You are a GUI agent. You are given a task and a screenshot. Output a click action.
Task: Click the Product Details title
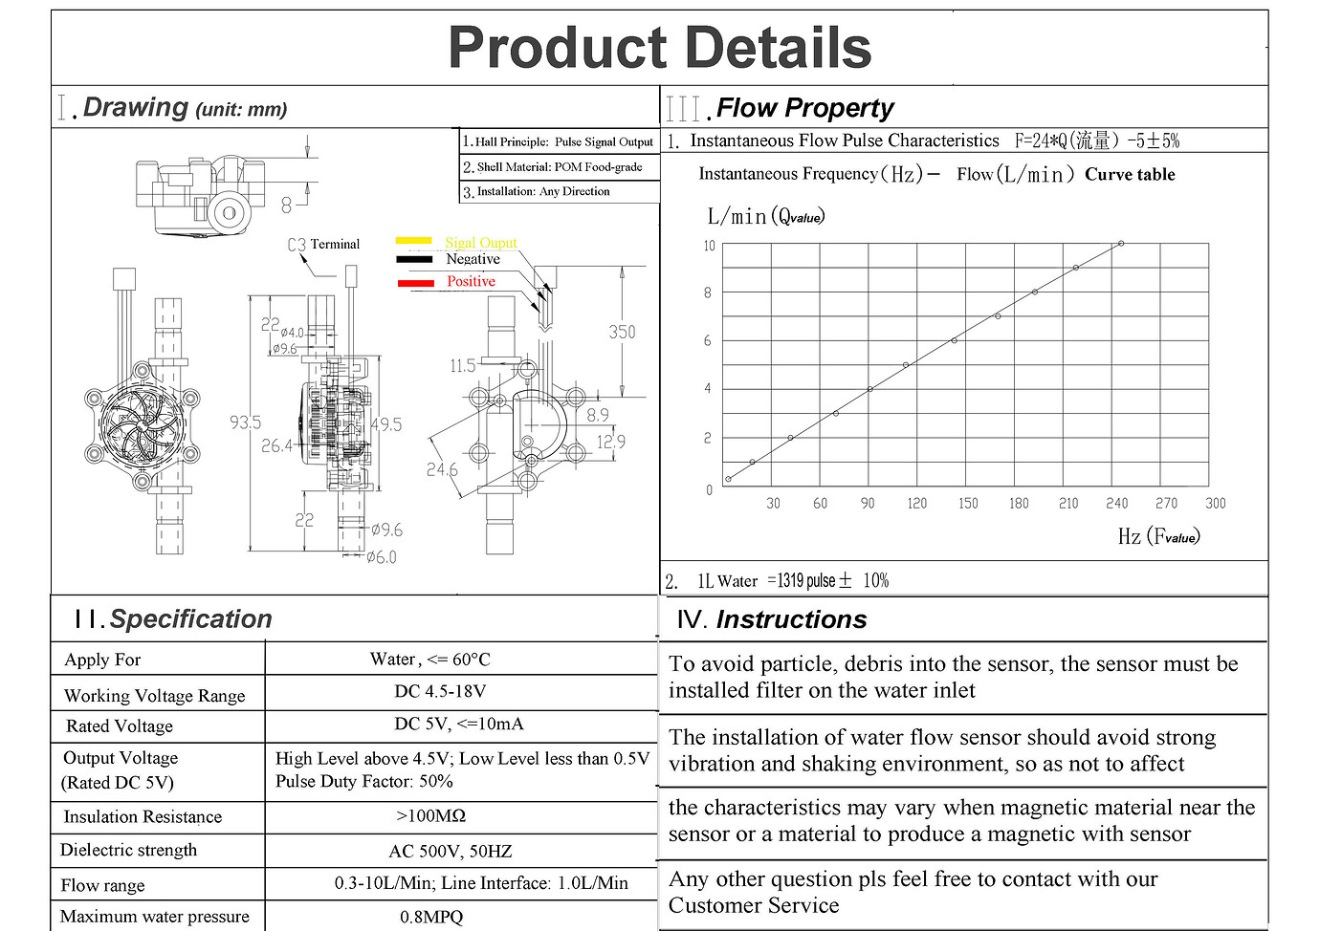pos(659,48)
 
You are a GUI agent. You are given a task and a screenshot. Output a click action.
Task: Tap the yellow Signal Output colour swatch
pos(413,241)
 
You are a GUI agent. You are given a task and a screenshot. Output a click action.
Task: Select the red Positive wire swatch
pos(415,283)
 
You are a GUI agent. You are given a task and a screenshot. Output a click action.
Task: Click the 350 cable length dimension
pos(622,332)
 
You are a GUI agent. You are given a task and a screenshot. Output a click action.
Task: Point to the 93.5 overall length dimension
pos(245,422)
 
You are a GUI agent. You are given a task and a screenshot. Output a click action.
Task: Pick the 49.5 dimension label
pos(385,424)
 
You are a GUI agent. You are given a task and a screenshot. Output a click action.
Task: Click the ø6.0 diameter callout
pos(381,556)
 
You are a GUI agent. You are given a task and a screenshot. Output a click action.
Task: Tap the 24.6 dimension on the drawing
pos(442,469)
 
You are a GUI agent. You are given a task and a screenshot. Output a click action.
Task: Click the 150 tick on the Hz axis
pos(968,503)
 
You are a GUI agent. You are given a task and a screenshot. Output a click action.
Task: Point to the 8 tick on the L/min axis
pos(708,292)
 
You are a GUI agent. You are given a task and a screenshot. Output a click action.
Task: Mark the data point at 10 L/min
pos(1121,244)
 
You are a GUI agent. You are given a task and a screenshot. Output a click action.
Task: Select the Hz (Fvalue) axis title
pos(1158,536)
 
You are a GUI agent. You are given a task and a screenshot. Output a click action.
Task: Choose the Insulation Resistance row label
pos(143,816)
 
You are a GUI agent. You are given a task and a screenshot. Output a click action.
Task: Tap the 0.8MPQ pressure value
pos(431,917)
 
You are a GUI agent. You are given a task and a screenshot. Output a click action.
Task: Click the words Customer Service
pos(754,905)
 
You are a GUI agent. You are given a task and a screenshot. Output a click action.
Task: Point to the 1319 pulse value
pos(806,580)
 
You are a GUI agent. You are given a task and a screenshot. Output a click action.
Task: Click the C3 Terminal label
pos(323,245)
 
